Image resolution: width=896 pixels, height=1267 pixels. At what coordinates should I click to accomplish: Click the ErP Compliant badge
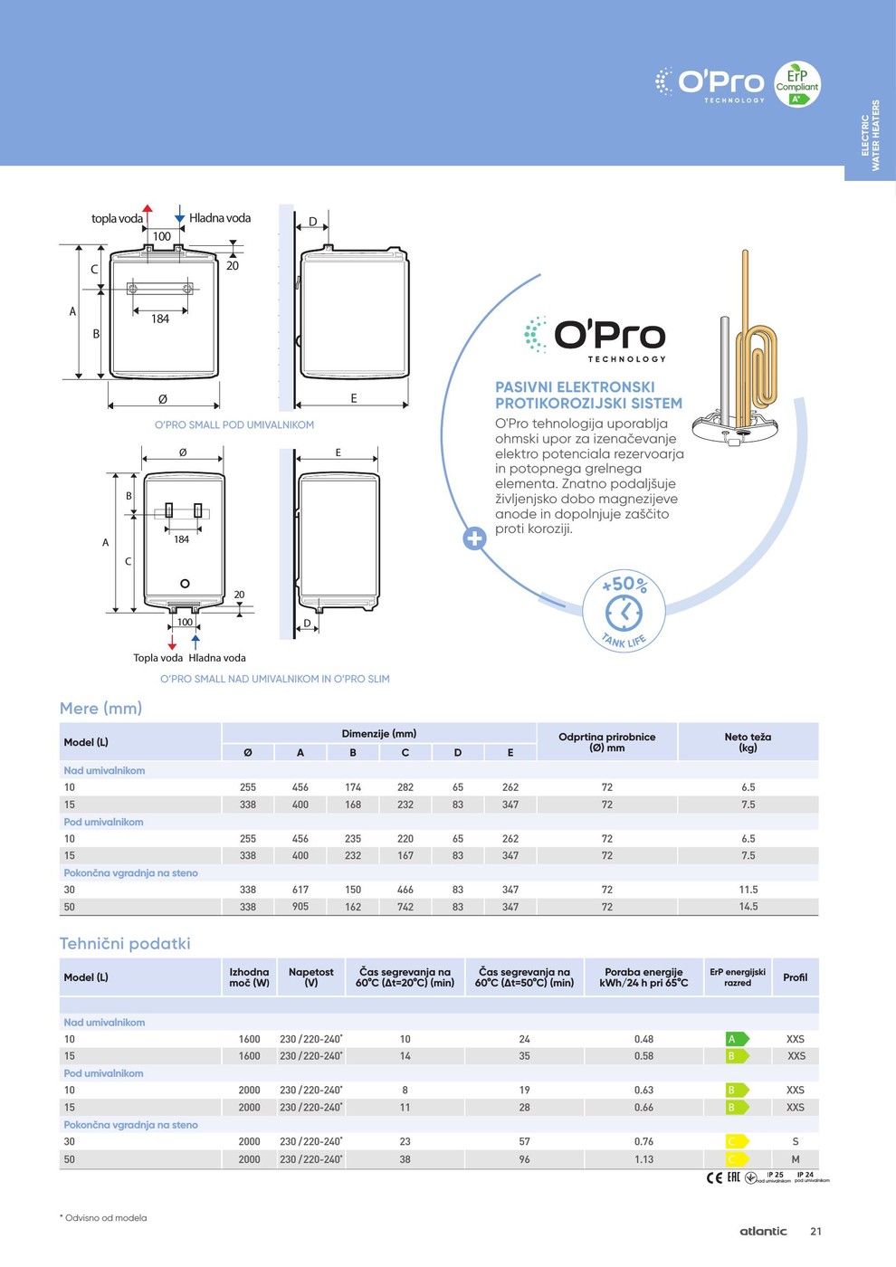[x=796, y=84]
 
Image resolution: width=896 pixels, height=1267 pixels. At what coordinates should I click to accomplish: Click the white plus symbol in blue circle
[x=474, y=538]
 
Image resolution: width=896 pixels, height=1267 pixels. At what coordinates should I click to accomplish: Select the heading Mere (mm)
[x=100, y=709]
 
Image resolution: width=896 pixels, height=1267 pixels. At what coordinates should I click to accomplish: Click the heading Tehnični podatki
[x=125, y=944]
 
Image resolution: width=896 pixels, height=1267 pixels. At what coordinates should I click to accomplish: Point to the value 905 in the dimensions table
[x=300, y=907]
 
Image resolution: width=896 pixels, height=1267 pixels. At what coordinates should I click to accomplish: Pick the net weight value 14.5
[x=748, y=907]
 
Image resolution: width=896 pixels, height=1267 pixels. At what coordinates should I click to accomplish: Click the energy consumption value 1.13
[x=643, y=1159]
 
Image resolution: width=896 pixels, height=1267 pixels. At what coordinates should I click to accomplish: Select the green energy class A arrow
[x=737, y=1039]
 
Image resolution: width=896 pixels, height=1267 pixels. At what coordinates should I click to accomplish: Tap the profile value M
[x=795, y=1159]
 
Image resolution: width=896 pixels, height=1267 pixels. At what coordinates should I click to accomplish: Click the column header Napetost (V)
[x=310, y=977]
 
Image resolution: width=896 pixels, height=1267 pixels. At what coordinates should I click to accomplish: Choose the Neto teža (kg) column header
[x=748, y=742]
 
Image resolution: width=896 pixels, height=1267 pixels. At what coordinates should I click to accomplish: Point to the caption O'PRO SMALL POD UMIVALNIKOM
[x=234, y=425]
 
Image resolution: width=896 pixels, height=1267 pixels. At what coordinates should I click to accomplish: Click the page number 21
[x=815, y=1232]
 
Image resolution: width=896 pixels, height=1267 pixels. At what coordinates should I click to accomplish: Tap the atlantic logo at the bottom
[x=763, y=1232]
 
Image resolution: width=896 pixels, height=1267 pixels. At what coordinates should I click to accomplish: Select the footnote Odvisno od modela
[x=105, y=1218]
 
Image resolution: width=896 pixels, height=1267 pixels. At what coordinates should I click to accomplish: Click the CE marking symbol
[x=714, y=1177]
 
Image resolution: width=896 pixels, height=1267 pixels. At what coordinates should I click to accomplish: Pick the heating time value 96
[x=524, y=1159]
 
